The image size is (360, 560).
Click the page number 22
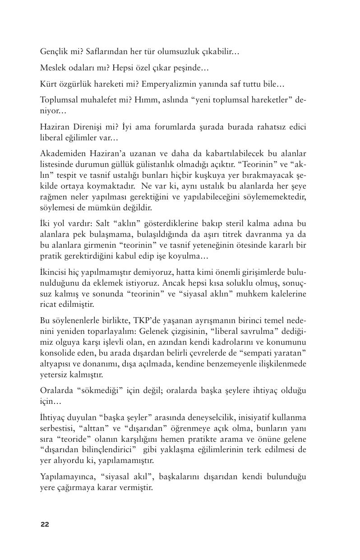pos(45,524)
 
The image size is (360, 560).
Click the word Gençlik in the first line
pos(53,52)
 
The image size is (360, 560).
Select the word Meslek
pos(52,68)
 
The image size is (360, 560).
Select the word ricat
pos(48,305)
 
